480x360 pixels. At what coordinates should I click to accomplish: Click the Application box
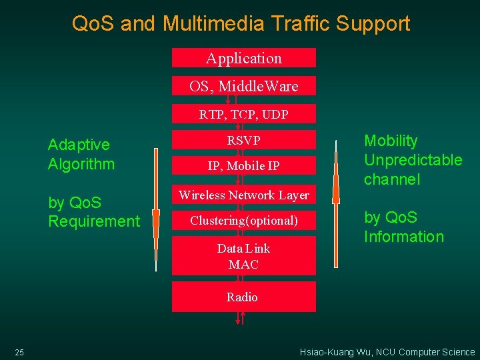(x=244, y=58)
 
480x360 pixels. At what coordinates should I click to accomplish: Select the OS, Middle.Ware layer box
(x=244, y=86)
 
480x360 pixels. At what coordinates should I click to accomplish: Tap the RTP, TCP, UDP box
(x=244, y=114)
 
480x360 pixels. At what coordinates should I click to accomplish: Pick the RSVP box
(x=244, y=140)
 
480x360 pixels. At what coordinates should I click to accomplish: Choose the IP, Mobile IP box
(x=244, y=166)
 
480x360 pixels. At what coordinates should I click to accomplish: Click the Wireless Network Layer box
(x=244, y=195)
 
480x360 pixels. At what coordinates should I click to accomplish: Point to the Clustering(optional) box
(x=244, y=221)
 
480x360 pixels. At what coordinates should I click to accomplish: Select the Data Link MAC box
(x=244, y=256)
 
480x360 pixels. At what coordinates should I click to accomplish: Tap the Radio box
(x=244, y=297)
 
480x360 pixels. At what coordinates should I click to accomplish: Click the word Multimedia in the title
(x=211, y=24)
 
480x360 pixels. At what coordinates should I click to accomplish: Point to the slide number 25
(x=19, y=352)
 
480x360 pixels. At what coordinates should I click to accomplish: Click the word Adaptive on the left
(x=79, y=145)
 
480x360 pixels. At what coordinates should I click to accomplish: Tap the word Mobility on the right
(x=391, y=141)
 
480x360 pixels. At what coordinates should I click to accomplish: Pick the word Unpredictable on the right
(x=413, y=160)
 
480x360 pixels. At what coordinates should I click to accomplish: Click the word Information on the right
(x=403, y=237)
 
